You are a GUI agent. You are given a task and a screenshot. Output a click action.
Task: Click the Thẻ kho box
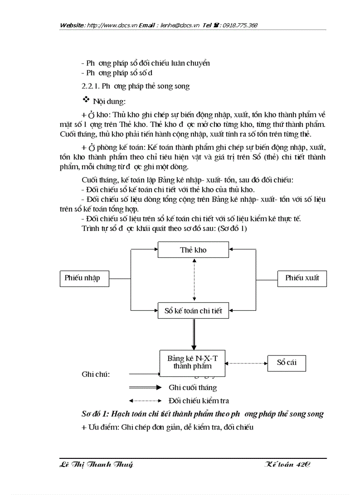pos(193,250)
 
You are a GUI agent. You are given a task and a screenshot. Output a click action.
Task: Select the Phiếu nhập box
pos(84,278)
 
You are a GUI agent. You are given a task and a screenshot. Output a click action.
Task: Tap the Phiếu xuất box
pos(302,278)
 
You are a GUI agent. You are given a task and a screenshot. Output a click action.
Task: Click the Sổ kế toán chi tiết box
pos(193,311)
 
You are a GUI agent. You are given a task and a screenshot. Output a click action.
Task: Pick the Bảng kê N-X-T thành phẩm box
pos(192,362)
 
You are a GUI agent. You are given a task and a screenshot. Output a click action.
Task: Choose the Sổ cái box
pos(286,363)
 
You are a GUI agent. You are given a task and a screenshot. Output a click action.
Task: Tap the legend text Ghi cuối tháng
pos(193,388)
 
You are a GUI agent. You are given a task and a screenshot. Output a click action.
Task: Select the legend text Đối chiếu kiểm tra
pos(199,401)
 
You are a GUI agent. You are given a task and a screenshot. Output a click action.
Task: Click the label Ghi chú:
pos(96,375)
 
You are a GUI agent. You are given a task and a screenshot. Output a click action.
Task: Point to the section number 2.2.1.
pos(90,86)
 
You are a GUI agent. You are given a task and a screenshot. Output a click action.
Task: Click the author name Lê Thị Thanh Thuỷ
pos(96,465)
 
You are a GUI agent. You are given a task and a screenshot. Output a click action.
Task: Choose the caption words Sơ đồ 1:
pos(95,414)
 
